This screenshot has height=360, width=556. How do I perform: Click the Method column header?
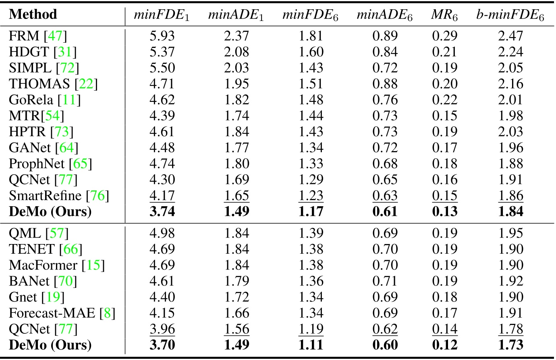click(x=33, y=15)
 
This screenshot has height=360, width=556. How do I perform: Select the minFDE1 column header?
click(x=162, y=16)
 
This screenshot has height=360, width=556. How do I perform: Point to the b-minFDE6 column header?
click(x=510, y=16)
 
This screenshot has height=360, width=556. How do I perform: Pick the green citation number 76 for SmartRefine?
click(x=98, y=196)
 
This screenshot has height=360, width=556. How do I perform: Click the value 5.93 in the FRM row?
click(x=162, y=36)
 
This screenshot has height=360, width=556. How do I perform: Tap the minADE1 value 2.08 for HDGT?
click(x=237, y=52)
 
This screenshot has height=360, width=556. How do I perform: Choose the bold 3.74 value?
click(x=162, y=211)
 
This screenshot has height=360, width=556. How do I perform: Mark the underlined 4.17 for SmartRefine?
click(x=162, y=196)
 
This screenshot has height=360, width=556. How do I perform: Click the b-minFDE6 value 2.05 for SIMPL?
click(x=510, y=68)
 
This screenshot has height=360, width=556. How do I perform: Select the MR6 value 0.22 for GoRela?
click(x=445, y=100)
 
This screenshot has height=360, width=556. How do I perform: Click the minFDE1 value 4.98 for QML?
click(x=162, y=233)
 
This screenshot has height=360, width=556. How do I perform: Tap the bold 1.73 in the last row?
click(x=510, y=345)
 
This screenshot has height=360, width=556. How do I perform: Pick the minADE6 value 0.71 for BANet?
click(x=385, y=281)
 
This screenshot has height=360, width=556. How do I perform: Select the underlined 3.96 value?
click(x=162, y=329)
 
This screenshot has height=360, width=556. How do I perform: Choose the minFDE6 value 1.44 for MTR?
click(x=311, y=116)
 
